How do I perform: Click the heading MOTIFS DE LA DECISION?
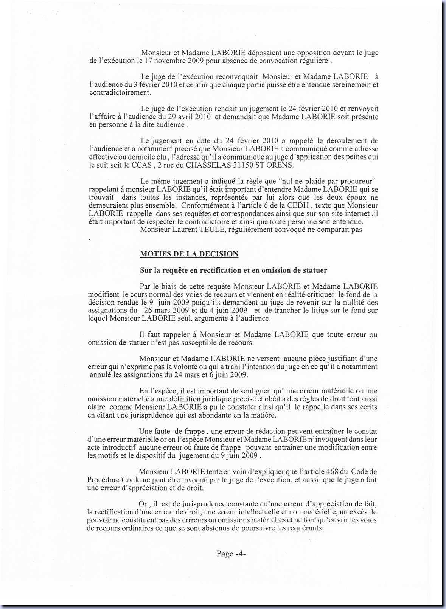point(189,254)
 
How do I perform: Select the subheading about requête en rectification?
point(233,270)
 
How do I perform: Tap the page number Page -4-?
point(231,554)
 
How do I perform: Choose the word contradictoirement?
point(120,93)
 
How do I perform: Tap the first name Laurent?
point(181,229)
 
